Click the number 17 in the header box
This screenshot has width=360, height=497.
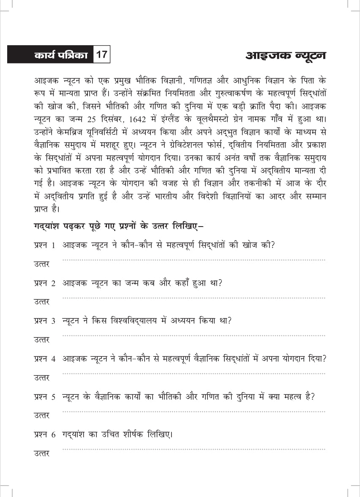(101, 55)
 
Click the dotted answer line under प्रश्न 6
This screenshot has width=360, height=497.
(194, 449)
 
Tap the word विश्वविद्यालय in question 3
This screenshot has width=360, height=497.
(131, 321)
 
